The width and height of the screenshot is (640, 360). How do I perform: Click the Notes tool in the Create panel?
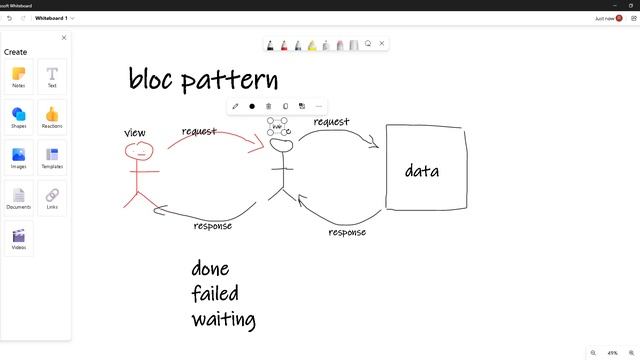[19, 76]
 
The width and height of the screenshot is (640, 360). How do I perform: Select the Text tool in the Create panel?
[52, 76]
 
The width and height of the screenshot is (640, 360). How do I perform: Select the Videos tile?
[19, 238]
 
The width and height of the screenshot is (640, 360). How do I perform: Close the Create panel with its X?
[64, 38]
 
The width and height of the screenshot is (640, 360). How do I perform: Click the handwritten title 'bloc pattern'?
[203, 80]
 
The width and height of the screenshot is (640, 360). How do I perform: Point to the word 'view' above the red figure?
[135, 133]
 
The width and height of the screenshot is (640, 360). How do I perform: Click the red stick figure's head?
[139, 152]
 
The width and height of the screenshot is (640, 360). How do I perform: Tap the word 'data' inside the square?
[422, 171]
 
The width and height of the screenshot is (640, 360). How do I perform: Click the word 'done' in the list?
[210, 269]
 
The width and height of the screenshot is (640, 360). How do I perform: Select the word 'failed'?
[216, 294]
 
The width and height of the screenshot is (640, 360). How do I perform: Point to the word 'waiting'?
[223, 320]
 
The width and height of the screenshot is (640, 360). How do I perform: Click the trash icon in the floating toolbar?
[268, 106]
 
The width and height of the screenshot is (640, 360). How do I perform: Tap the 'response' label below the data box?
[347, 232]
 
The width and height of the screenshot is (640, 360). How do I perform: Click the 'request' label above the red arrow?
[199, 131]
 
